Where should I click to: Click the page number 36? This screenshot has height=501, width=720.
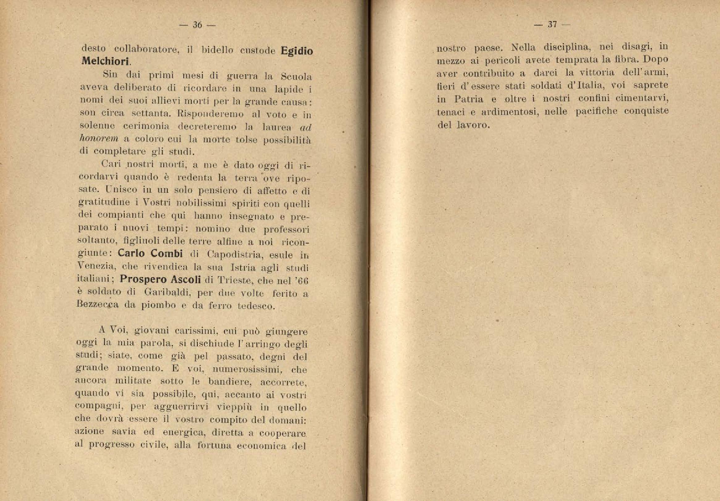[197, 25]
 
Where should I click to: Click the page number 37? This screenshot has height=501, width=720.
[552, 24]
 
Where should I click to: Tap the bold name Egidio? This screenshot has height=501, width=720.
[297, 51]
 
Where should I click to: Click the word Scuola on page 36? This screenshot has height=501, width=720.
[296, 77]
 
